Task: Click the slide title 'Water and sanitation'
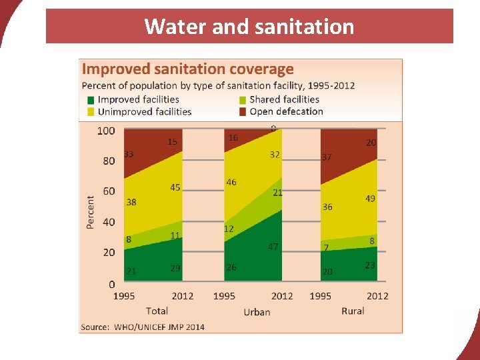(x=249, y=27)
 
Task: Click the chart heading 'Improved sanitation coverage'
(x=187, y=69)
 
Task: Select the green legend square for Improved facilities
(x=90, y=99)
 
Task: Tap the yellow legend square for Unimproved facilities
(x=90, y=111)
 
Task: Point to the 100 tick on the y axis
(x=106, y=131)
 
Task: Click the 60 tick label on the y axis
(x=109, y=191)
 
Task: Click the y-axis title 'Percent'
(x=91, y=212)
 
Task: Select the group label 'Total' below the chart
(x=157, y=311)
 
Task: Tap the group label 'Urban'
(x=257, y=311)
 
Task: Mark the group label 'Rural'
(x=353, y=311)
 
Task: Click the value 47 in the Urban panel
(x=273, y=247)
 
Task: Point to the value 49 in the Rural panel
(x=371, y=199)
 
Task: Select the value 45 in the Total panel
(x=175, y=187)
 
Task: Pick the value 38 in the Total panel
(x=131, y=202)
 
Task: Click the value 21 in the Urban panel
(x=278, y=192)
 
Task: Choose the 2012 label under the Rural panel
(x=377, y=296)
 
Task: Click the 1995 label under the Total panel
(x=125, y=296)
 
